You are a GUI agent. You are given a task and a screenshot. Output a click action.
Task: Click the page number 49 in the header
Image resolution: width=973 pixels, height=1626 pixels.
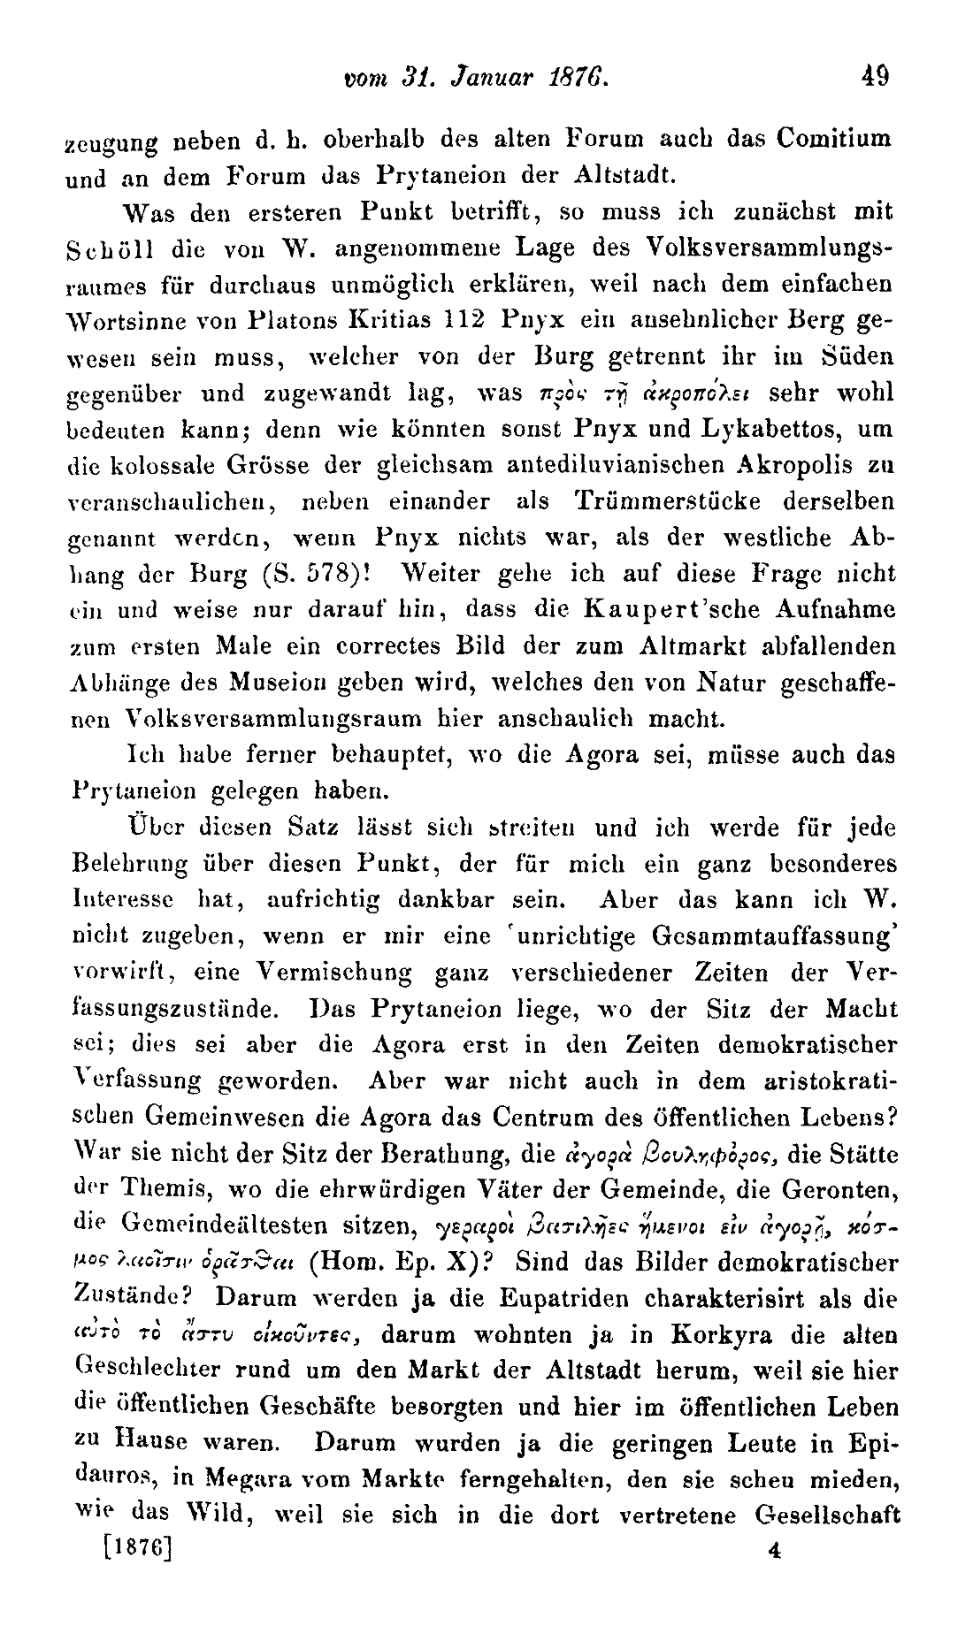[x=877, y=75]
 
